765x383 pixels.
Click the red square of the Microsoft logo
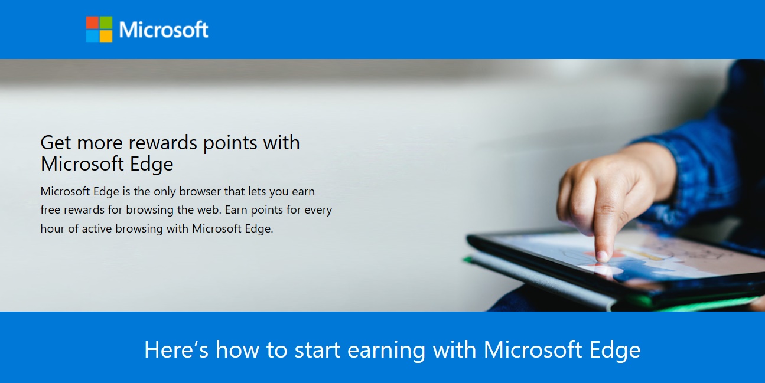[92, 22]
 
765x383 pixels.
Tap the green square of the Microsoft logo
[106, 22]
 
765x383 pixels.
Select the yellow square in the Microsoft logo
[106, 36]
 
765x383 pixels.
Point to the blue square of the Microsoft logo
[92, 36]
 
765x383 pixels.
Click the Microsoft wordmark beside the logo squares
[164, 30]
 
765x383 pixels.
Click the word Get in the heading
[56, 143]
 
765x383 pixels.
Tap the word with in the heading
[281, 143]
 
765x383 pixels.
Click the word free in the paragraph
[51, 209]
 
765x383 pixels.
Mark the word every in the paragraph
[318, 209]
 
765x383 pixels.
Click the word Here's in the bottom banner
[176, 349]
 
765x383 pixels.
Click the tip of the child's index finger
[602, 256]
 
